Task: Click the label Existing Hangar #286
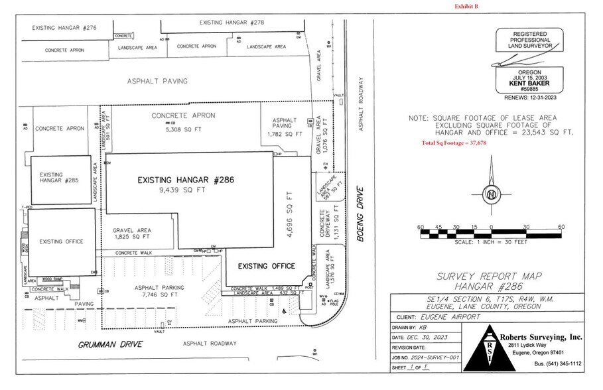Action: (186, 180)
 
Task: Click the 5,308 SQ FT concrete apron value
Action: (173, 129)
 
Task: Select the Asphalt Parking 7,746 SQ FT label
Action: (159, 291)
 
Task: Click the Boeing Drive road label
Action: (362, 215)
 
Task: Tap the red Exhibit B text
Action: (466, 6)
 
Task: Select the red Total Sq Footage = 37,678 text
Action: (454, 143)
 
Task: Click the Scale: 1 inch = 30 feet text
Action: (490, 243)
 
